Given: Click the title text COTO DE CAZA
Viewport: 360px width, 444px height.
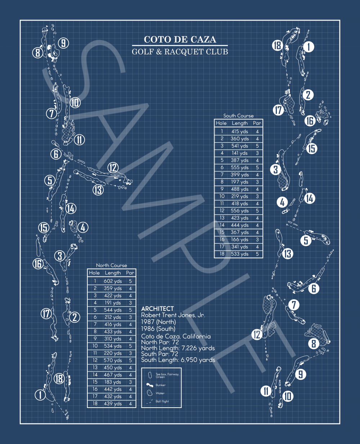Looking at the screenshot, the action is click(x=180, y=39).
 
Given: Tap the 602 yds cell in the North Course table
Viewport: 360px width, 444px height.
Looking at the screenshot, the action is click(x=113, y=281).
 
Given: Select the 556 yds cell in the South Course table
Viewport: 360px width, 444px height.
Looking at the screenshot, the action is click(x=240, y=211).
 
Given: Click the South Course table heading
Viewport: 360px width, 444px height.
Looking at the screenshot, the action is click(x=238, y=116).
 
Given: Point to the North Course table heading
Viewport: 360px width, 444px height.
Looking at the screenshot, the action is click(x=112, y=265).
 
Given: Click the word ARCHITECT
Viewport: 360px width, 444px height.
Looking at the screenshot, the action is click(x=158, y=309).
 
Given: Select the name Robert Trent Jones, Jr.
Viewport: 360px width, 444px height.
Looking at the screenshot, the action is click(x=173, y=315).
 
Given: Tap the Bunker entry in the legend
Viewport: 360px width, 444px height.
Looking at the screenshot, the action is click(x=161, y=385).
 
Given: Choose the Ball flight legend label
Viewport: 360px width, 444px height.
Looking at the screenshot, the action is click(x=162, y=401).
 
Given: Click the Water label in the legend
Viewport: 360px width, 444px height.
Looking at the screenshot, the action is click(x=160, y=393).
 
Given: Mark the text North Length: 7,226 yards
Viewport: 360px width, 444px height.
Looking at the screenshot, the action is click(x=178, y=348).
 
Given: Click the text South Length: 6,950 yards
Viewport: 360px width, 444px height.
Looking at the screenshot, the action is click(x=178, y=360).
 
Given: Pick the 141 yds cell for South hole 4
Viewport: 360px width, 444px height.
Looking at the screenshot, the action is click(x=240, y=153).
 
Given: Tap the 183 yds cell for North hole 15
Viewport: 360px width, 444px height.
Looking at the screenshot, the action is click(x=113, y=382).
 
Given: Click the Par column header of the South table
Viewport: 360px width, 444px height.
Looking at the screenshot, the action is click(x=257, y=123).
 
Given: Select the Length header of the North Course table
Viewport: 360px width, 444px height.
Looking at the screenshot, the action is click(x=113, y=273).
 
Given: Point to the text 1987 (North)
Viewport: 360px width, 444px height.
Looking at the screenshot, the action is click(x=158, y=322).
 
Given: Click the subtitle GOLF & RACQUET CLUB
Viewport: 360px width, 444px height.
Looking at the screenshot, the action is click(x=180, y=52).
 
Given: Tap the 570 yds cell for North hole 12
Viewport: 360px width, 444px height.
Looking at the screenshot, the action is click(x=113, y=360).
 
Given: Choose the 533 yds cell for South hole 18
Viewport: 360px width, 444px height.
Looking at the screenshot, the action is click(x=240, y=254).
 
